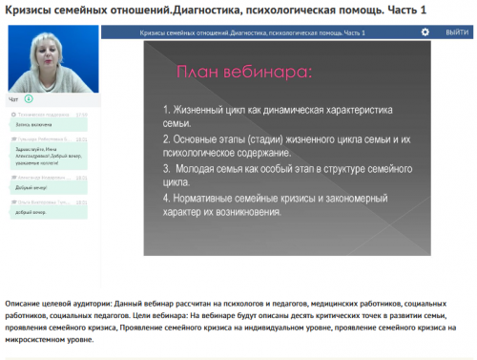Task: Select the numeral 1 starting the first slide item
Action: point(166,110)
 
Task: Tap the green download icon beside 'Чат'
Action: point(29,98)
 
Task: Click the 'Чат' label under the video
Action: point(13,98)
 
